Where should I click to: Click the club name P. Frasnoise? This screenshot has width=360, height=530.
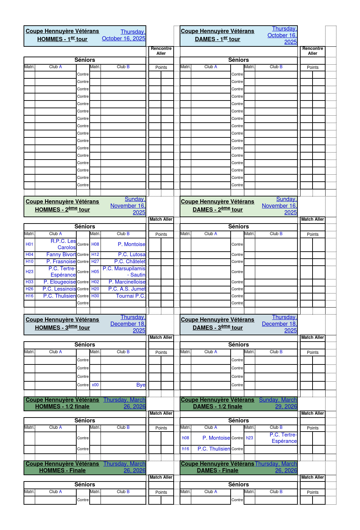point(61,261)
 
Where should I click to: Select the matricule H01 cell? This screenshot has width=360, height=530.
point(30,244)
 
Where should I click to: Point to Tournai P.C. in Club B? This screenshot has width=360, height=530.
point(130,296)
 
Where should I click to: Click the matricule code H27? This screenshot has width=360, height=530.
point(95,261)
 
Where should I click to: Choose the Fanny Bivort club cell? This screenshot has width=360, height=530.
point(61,254)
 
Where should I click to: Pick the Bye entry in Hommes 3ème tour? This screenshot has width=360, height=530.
point(141,385)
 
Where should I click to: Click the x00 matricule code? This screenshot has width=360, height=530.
point(95,385)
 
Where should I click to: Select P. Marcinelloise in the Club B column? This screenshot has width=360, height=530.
point(127,282)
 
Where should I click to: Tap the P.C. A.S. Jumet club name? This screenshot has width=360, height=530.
point(127,289)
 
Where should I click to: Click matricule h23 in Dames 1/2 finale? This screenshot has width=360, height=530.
point(250,438)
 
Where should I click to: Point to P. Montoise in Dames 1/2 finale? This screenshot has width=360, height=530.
point(216,438)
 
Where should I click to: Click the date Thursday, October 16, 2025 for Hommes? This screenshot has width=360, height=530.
point(124,35)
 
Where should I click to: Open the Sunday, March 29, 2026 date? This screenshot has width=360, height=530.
point(278,403)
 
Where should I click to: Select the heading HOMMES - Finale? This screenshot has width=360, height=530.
point(62,471)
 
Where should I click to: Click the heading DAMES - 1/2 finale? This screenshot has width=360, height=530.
point(217,407)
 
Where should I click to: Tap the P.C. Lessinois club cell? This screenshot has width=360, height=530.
point(59,289)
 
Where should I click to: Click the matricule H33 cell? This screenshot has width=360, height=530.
point(30,282)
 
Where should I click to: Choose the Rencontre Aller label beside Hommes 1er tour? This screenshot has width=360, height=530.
point(161,51)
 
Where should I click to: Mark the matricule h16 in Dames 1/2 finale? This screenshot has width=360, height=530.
point(186,449)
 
